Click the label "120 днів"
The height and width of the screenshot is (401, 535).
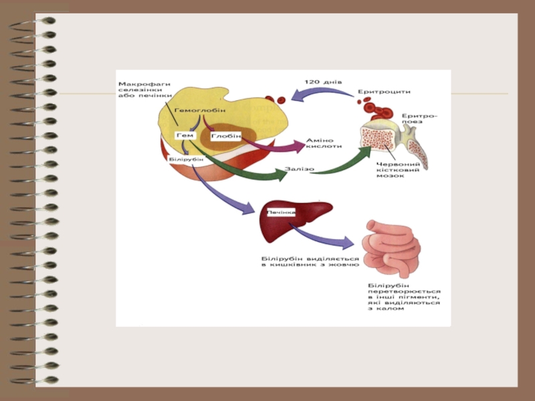tap(323, 82)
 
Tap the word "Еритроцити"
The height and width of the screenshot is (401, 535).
tap(384, 92)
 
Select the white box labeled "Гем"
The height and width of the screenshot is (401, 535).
tap(185, 136)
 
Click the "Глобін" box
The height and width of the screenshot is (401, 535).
tap(225, 136)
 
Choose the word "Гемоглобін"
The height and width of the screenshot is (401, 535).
tap(200, 110)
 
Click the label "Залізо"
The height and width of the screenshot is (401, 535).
tap(299, 169)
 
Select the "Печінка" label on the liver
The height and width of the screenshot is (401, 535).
tap(282, 212)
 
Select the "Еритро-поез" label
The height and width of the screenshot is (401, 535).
tap(419, 120)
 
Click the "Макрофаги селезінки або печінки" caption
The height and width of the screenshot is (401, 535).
tap(144, 90)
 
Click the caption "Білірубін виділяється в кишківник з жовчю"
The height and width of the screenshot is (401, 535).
tap(310, 261)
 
